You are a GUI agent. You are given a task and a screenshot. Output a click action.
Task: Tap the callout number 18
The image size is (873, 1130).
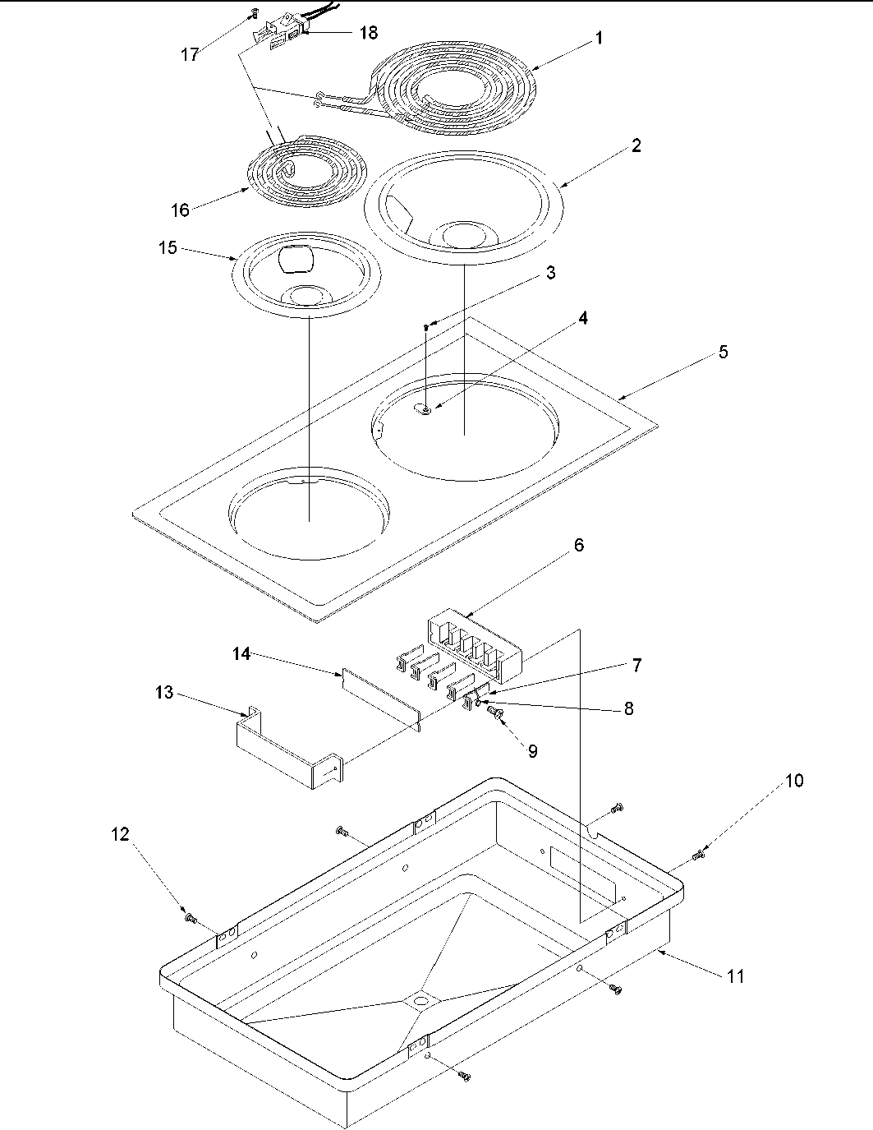click(x=369, y=33)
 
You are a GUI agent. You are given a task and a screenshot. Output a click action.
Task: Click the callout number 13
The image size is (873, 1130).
click(x=164, y=693)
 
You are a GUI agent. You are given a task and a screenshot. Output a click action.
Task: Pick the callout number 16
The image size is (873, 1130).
click(x=180, y=210)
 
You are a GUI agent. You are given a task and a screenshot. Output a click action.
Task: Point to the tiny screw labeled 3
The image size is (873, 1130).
click(x=426, y=327)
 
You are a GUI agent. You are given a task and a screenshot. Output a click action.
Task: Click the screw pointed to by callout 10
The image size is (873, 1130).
click(x=699, y=856)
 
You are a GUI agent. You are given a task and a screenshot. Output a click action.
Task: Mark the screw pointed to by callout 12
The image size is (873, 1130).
click(x=191, y=917)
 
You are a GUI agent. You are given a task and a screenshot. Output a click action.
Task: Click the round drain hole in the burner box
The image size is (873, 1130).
click(x=421, y=1001)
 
